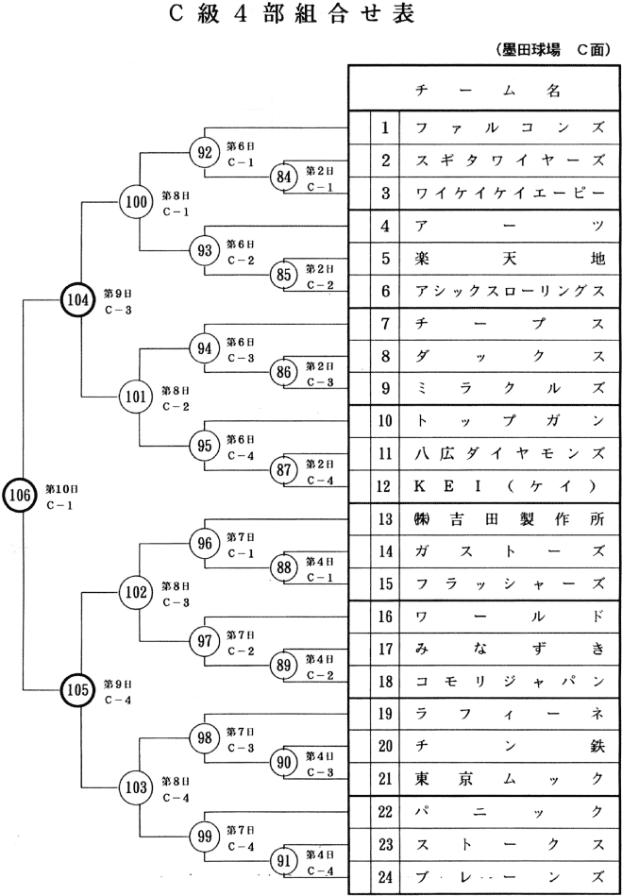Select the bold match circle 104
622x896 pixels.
(78, 299)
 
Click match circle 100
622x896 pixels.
(137, 200)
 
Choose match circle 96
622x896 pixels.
(205, 543)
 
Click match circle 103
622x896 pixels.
(137, 787)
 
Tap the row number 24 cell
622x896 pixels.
(385, 876)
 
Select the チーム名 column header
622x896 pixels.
(487, 91)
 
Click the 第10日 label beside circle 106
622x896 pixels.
(62, 489)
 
